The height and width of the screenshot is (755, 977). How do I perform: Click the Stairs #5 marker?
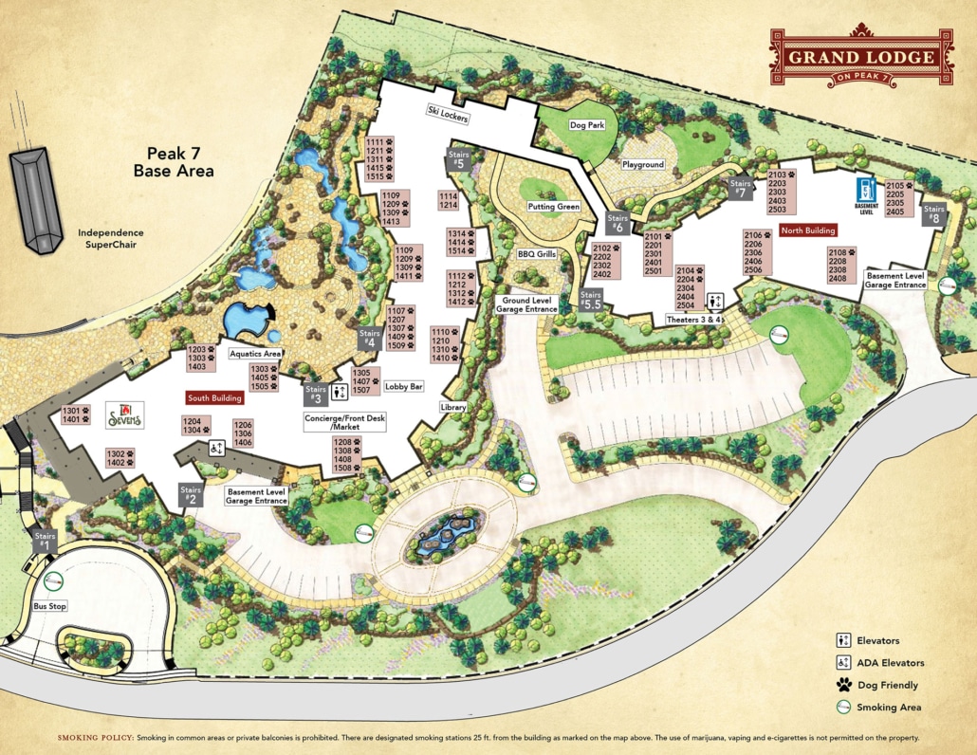coord(459,159)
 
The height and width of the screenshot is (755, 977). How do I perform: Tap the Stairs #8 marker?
coord(934,214)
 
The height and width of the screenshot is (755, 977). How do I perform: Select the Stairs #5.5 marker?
coord(591,301)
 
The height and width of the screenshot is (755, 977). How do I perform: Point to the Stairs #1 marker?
coord(46,542)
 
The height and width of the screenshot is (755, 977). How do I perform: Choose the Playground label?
coord(643,164)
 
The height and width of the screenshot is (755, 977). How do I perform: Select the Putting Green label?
coord(554,207)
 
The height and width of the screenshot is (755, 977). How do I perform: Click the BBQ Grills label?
coord(536,254)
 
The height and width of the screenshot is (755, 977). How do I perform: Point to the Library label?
coord(453,407)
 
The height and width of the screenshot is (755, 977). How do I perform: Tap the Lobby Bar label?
coord(403,387)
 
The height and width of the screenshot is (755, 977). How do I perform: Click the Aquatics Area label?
coord(255,353)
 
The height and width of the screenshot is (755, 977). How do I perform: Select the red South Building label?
coord(213,398)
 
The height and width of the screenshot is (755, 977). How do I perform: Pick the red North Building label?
coord(807,230)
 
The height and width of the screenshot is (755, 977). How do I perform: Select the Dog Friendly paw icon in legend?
coord(842,685)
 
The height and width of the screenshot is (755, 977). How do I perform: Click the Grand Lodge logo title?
coord(861,56)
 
